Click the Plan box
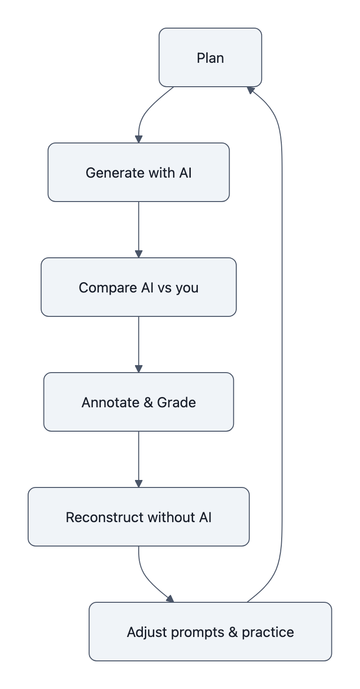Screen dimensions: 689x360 click(210, 58)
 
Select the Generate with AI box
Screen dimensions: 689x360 click(139, 172)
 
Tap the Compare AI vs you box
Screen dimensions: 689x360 click(139, 287)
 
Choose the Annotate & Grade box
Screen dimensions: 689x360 click(139, 402)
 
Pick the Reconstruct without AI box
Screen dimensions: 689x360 click(139, 517)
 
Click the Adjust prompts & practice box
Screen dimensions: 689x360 click(210, 632)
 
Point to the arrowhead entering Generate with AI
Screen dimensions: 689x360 click(139, 139)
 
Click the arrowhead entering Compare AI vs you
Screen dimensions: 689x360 click(139, 254)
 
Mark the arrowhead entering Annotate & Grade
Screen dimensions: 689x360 click(139, 368)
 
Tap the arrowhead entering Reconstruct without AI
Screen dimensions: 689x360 click(139, 483)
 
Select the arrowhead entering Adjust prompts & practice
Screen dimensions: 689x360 click(170, 599)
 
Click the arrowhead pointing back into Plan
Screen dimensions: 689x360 click(250, 90)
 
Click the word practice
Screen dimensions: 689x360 click(268, 632)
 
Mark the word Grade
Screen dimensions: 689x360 click(177, 403)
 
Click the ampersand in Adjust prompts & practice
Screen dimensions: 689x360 click(233, 632)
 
